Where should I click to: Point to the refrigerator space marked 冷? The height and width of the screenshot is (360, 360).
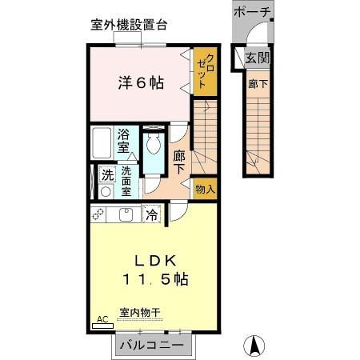pos(151,214)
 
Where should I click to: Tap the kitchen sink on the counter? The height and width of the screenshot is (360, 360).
pos(126,214)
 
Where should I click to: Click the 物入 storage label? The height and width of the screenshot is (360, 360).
pos(206,189)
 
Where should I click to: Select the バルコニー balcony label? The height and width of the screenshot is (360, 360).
pos(152,346)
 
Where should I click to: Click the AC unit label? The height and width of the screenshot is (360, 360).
pos(102,319)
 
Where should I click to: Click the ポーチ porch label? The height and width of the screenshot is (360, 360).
pos(253,12)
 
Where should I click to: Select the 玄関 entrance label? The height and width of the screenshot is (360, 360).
pos(257,58)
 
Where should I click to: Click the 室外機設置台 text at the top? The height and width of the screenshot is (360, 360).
pos(129,25)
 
